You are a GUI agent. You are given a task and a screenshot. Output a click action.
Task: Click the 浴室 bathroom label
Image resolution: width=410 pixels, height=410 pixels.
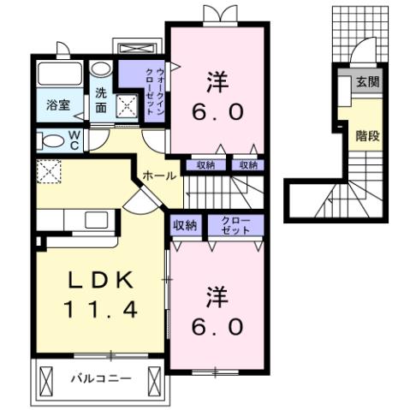tap(58, 106)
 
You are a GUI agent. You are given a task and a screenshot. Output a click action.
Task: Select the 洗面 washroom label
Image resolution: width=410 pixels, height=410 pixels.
tap(101, 100)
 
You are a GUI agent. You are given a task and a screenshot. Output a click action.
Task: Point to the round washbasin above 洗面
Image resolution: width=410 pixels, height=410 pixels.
tap(100, 70)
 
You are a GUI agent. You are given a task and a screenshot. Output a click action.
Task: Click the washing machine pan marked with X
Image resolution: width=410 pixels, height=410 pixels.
tap(128, 106)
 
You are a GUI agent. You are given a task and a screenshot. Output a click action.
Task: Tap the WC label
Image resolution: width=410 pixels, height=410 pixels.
tap(74, 140)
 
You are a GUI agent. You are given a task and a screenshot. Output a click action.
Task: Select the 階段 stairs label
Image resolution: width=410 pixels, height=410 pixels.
tap(367, 135)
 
